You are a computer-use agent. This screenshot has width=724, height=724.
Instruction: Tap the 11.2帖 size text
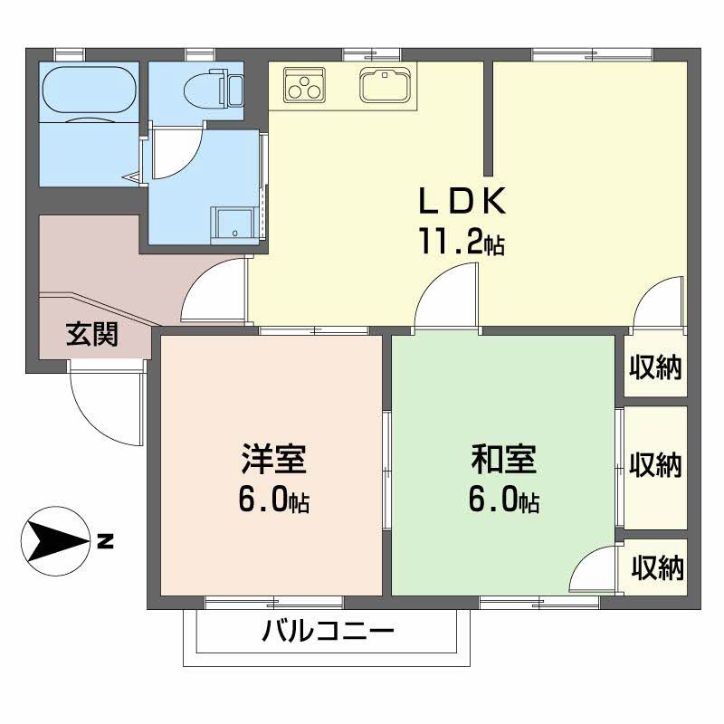click(x=460, y=242)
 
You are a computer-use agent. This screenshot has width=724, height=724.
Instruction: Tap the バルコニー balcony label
click(x=329, y=631)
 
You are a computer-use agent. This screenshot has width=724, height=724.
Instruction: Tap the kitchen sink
click(x=386, y=85)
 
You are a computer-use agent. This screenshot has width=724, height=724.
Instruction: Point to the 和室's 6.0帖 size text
click(x=504, y=500)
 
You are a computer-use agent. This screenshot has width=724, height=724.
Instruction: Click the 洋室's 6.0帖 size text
click(x=273, y=500)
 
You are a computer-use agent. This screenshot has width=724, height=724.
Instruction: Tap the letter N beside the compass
click(x=106, y=542)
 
